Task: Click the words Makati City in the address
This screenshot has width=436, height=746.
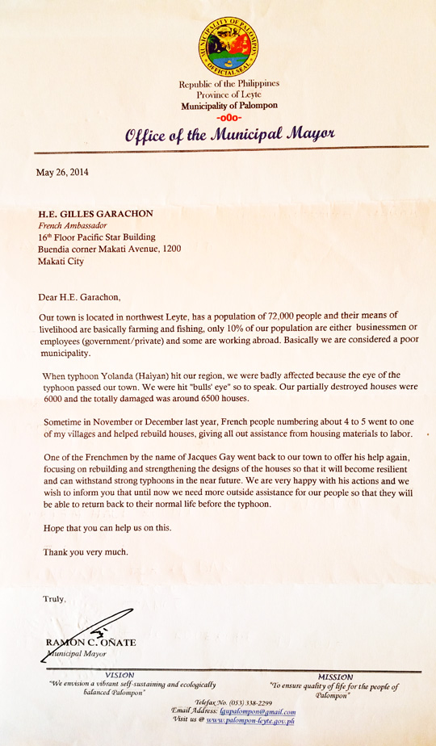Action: pyautogui.click(x=61, y=262)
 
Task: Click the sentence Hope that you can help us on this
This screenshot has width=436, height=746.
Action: pyautogui.click(x=107, y=529)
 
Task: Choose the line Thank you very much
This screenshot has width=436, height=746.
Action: pyautogui.click(x=85, y=553)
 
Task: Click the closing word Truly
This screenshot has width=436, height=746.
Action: pyautogui.click(x=55, y=598)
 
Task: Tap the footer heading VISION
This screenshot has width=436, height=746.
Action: pyautogui.click(x=119, y=674)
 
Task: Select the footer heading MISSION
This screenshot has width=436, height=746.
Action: pyautogui.click(x=335, y=677)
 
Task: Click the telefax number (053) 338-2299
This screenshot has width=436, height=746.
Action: pyautogui.click(x=251, y=704)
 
